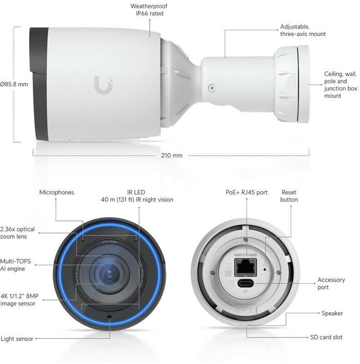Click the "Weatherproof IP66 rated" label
point(147,10)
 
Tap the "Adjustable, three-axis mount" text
point(303,30)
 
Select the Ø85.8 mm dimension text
point(14,84)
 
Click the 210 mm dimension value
point(171,156)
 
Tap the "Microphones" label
point(56,192)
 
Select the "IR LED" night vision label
point(137,196)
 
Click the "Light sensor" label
point(16,339)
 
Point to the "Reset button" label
point(289,196)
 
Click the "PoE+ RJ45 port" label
point(246,192)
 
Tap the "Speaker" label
point(332,313)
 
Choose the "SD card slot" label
point(326,337)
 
